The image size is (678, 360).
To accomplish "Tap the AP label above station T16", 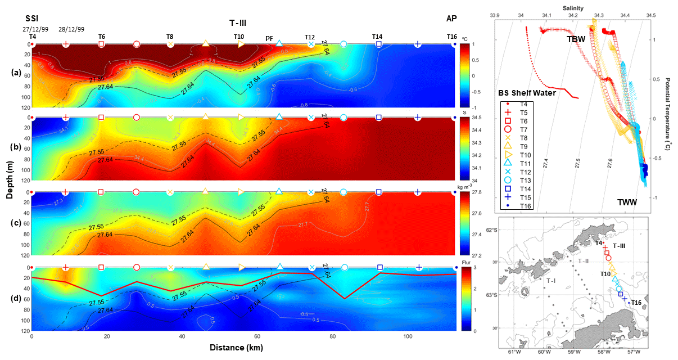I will tap(451, 18).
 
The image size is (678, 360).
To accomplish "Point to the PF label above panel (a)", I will tap(269, 38).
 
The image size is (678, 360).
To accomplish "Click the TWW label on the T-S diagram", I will tap(627, 201).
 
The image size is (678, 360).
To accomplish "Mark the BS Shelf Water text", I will tap(527, 93).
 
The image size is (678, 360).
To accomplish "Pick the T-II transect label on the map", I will tap(584, 262).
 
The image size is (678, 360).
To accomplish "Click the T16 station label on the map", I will tap(636, 303).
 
